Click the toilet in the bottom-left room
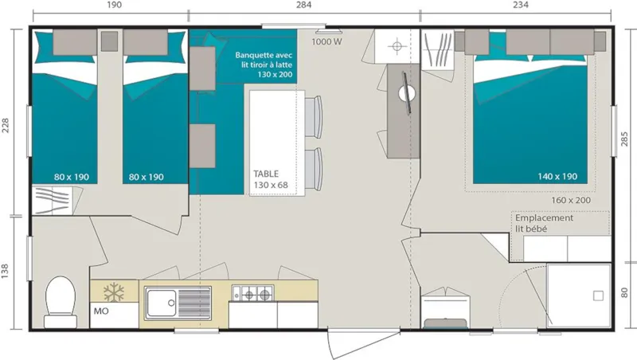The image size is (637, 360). click(60, 301)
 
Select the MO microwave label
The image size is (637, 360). click(101, 311)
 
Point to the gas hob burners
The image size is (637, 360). click(252, 295)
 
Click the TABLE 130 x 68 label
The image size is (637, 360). click(270, 179)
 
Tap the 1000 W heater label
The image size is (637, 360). click(326, 41)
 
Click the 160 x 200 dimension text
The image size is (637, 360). click(572, 200)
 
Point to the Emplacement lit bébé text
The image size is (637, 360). click(544, 223)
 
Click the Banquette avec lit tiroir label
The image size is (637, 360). click(264, 64)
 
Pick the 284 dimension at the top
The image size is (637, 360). click(303, 5)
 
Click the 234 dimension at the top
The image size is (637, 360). click(520, 5)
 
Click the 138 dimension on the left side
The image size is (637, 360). click(6, 271)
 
